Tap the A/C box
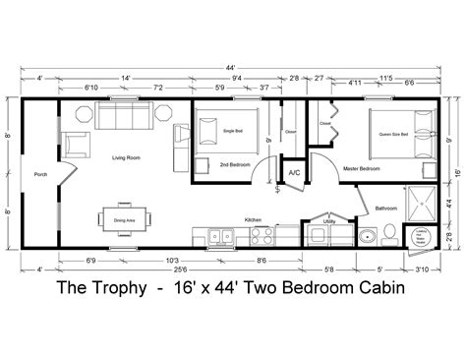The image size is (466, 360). pyautogui.click(x=294, y=174)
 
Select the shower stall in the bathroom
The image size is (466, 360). pyautogui.click(x=424, y=203)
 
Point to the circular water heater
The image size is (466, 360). pyautogui.click(x=425, y=235)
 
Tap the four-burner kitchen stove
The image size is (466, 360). pyautogui.click(x=261, y=235)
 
